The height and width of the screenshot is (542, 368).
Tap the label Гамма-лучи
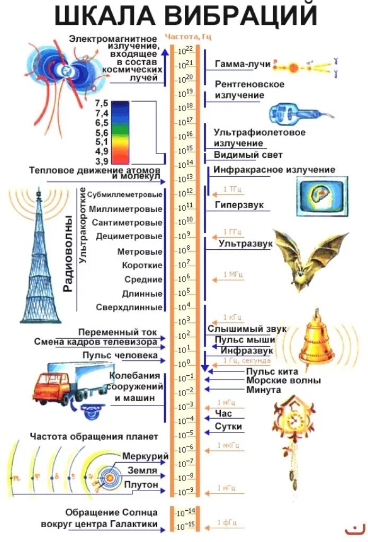click(243, 64)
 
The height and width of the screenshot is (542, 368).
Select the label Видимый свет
click(248, 155)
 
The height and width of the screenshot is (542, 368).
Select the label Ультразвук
click(245, 243)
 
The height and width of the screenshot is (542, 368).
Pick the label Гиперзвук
click(239, 204)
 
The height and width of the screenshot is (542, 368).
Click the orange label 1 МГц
click(232, 274)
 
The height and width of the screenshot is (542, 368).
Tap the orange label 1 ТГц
click(232, 189)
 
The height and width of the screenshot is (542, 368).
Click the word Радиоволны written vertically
click(68, 254)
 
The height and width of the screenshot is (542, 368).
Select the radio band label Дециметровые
click(129, 237)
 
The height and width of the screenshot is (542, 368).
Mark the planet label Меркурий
click(145, 456)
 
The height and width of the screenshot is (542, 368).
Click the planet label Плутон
click(141, 484)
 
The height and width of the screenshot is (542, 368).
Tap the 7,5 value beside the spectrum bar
click(102, 103)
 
